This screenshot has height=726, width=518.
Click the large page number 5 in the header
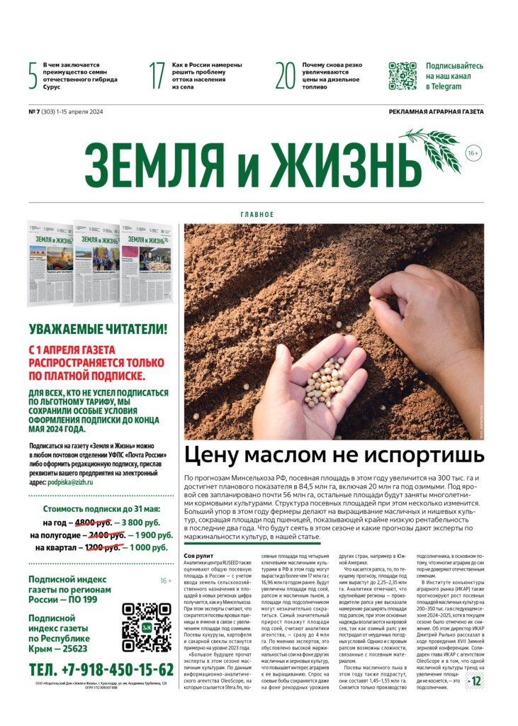33,76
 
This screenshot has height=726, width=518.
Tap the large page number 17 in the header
157,76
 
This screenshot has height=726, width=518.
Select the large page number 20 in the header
285,76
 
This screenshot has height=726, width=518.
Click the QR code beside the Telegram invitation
402,76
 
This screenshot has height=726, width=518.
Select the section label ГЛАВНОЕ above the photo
257,214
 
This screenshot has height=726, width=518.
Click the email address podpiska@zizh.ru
71,482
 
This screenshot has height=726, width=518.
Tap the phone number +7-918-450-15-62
101,670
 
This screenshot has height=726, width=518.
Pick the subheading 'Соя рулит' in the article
198,556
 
